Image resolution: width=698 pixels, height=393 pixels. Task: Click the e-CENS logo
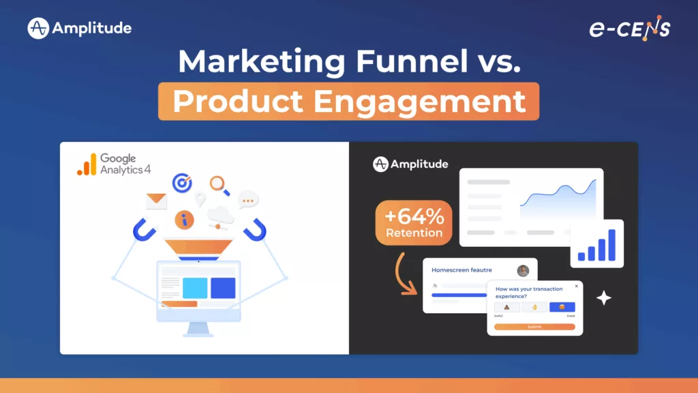(x=629, y=29)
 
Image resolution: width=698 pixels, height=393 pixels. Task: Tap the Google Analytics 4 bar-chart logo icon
(x=87, y=164)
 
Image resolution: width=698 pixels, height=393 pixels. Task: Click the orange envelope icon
(x=156, y=201)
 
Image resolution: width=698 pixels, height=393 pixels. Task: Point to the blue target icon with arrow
(x=182, y=182)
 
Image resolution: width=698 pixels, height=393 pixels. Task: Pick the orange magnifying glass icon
(x=218, y=184)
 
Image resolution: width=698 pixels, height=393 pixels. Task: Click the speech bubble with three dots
(x=248, y=201)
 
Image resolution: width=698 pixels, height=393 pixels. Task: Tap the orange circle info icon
(x=184, y=220)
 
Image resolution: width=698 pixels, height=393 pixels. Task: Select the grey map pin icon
(x=200, y=199)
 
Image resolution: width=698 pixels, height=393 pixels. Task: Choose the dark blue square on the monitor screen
(x=223, y=288)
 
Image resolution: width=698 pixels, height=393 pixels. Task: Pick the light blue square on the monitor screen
(x=195, y=288)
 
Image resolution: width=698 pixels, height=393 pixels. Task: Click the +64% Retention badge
(x=414, y=223)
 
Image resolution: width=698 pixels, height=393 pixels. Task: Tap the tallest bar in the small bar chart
(x=611, y=244)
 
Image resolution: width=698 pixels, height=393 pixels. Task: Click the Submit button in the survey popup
(x=534, y=327)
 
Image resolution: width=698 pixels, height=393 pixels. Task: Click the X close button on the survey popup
(x=576, y=286)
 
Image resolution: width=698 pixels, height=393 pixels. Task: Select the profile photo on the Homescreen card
(x=523, y=271)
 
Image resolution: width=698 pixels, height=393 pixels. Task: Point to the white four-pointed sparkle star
(x=603, y=297)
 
